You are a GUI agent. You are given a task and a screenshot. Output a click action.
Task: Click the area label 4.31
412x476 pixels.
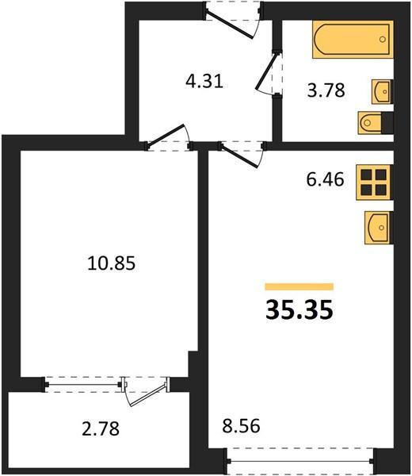(x=204, y=82)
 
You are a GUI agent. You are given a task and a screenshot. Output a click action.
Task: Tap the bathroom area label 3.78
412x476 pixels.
(x=326, y=90)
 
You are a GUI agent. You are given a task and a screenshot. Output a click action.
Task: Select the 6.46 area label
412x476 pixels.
(x=325, y=179)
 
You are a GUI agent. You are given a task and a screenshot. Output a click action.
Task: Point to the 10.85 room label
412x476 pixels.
(x=111, y=263)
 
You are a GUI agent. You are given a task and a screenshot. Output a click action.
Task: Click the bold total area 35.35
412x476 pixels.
(x=299, y=310)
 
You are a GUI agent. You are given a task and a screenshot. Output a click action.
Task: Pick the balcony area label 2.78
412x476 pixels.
(x=101, y=428)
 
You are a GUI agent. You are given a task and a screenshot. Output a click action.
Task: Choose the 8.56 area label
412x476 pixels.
(x=241, y=425)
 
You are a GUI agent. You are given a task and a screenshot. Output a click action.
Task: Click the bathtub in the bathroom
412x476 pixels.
(x=353, y=40)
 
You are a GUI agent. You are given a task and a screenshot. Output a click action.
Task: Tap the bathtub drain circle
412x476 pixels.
(x=383, y=39)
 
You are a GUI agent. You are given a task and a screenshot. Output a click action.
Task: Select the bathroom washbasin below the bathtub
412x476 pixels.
(x=382, y=91)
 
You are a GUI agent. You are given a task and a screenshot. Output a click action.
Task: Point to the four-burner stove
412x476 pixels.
(x=375, y=182)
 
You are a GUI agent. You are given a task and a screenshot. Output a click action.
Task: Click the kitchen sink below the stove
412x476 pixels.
(x=379, y=228)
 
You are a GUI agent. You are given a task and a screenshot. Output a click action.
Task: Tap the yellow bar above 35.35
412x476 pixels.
(x=299, y=286)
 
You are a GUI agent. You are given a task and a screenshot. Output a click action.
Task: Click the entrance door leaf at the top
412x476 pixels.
(x=229, y=24)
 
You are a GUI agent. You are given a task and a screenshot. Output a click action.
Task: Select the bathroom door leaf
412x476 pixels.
(x=267, y=71)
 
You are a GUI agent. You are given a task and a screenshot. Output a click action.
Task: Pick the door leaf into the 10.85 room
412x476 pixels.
(x=166, y=136)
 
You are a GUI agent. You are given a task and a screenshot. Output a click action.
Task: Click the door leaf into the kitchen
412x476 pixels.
(x=239, y=155)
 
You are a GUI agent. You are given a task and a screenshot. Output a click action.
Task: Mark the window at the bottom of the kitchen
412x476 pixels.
(x=300, y=461)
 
